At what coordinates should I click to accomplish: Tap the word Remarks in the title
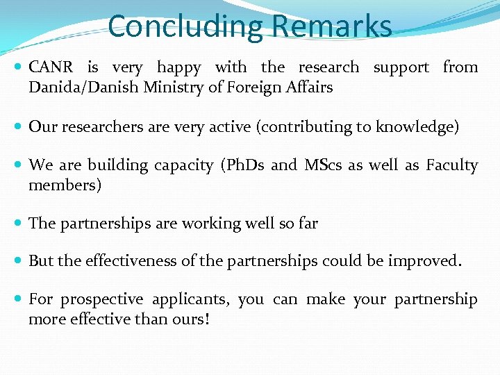pos(332,26)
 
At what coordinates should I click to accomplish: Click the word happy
pos(178,67)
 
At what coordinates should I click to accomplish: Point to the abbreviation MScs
pos(324,165)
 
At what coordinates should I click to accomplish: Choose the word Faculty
pos(452,165)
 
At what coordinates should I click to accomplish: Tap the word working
pos(203,224)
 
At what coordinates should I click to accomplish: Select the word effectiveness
pos(131,261)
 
